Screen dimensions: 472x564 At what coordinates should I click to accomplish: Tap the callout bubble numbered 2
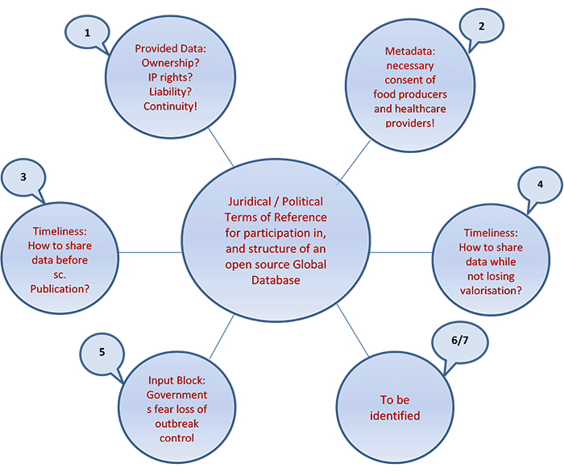point(481,25)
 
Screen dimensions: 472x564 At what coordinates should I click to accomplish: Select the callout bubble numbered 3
point(25,176)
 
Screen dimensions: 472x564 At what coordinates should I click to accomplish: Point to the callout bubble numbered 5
point(101,352)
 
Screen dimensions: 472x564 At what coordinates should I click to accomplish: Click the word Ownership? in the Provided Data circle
point(170,62)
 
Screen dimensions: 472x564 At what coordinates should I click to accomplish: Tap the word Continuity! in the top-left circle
point(170,106)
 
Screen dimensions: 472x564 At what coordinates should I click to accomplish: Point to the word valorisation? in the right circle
point(491,291)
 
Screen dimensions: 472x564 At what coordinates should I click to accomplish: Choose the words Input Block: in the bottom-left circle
point(178,379)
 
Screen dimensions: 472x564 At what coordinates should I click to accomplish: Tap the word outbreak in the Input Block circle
point(178,423)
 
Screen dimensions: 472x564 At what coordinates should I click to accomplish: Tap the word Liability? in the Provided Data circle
point(170,91)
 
